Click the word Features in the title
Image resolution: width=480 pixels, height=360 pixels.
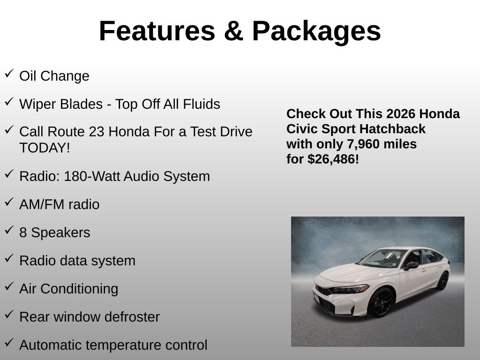pos(157,31)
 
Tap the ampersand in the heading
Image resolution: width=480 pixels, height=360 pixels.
pos(233,31)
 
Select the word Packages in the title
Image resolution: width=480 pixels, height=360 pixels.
pos(316,32)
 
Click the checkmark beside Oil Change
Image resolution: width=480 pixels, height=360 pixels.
pos(9,74)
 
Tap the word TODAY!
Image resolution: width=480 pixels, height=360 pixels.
pos(45,148)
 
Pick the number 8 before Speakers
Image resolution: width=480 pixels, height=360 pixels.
pos(23,232)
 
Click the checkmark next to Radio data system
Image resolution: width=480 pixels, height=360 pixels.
pos(9,258)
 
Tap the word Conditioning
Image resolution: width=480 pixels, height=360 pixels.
pos(79,289)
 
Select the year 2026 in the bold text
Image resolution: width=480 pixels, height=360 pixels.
pos(397,114)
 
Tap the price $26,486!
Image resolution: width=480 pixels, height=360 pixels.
pos(333,159)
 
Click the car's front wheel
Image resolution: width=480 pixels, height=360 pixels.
pos(381,302)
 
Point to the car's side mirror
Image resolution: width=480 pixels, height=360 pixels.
pos(411,265)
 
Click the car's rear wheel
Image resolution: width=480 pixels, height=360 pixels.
pos(442,281)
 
